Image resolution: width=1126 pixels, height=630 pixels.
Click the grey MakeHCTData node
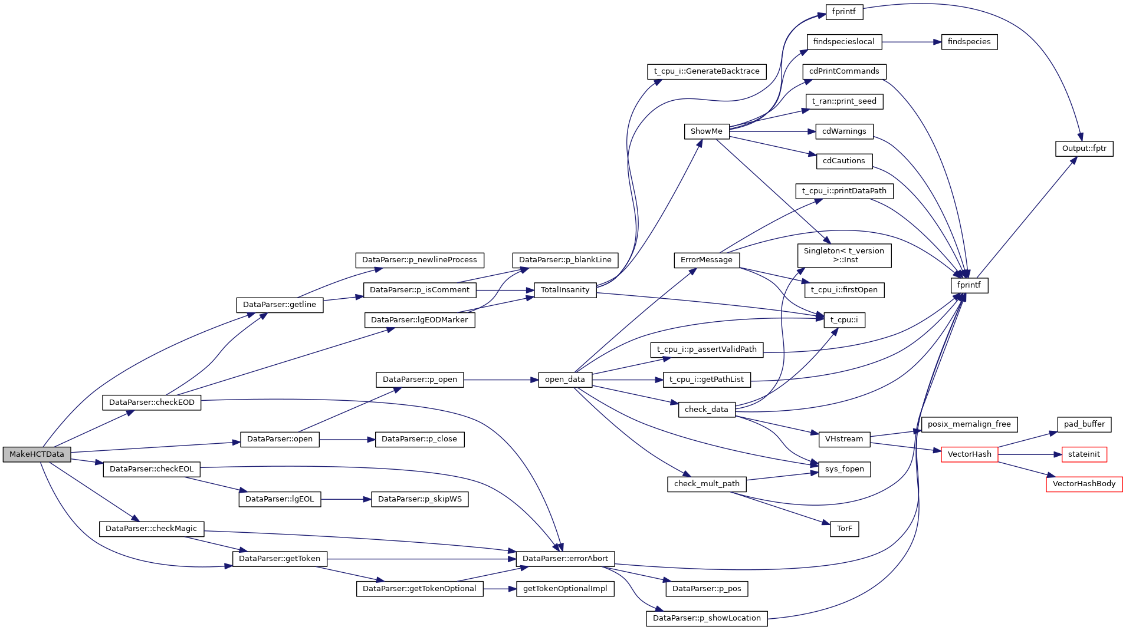tap(37, 454)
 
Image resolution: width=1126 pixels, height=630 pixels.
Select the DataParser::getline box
tap(280, 305)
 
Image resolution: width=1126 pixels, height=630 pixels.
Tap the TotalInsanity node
tap(565, 290)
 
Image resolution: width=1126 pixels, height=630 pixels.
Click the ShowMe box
tap(706, 131)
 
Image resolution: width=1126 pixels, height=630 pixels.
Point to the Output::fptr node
tap(1084, 149)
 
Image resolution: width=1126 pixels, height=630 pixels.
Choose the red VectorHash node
tap(969, 454)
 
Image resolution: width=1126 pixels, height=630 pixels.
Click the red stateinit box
tap(1084, 454)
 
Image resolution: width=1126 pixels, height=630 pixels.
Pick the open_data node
tap(564, 380)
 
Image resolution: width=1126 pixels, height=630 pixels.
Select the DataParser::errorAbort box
tap(565, 559)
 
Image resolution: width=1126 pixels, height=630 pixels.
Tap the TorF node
tap(844, 529)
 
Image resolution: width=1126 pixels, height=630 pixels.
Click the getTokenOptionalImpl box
tap(565, 589)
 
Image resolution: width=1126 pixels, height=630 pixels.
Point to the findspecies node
tap(969, 42)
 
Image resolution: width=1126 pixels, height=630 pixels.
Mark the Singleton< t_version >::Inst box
tap(844, 255)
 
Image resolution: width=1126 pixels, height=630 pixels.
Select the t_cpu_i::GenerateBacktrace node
tap(706, 71)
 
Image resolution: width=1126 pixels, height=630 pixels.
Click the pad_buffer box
tap(1084, 424)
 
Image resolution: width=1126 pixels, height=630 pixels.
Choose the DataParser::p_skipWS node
tap(419, 499)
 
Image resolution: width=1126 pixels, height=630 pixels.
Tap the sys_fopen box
tap(844, 469)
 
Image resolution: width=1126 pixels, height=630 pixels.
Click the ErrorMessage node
tap(706, 260)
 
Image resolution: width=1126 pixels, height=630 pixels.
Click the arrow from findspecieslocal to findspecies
tap(912, 42)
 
